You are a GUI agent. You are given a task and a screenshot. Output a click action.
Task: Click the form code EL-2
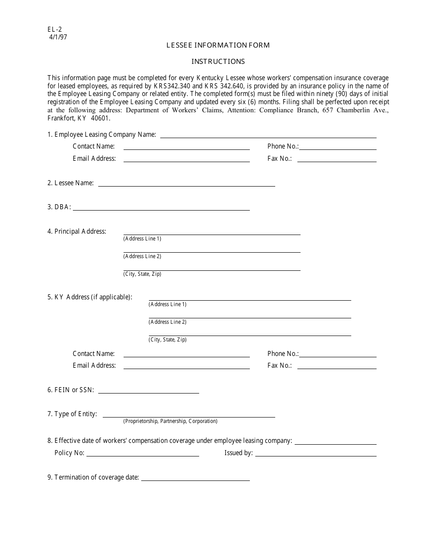tap(54, 30)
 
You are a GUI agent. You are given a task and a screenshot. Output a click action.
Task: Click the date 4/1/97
tap(58, 38)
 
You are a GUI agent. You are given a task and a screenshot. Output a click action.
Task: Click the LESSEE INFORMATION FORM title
tap(218, 45)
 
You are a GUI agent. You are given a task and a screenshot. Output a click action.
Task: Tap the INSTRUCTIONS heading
tap(218, 62)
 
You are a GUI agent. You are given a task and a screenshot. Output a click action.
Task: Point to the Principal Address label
tap(77, 231)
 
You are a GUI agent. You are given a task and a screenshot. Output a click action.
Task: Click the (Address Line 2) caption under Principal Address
tap(142, 256)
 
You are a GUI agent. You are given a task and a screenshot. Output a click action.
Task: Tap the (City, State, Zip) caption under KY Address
tap(167, 340)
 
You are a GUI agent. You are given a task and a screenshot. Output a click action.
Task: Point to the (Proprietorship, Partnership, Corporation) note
tap(170, 421)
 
